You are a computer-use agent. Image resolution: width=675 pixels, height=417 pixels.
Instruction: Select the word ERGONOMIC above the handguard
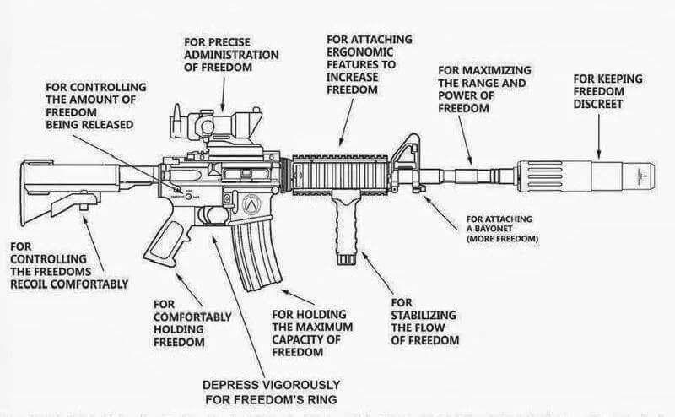[x=358, y=51]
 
